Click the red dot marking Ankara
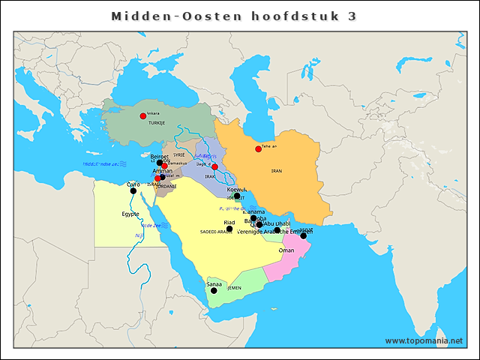[x=142, y=115]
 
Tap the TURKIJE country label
[x=155, y=122]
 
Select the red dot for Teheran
[x=258, y=149]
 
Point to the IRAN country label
[x=276, y=171]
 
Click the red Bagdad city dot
[x=214, y=166]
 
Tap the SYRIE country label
[x=178, y=154]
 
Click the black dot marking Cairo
[x=133, y=190]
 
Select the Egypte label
[x=130, y=214]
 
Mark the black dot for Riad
[x=229, y=229]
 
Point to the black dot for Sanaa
[x=214, y=290]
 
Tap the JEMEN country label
[x=234, y=288]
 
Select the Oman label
[x=286, y=250]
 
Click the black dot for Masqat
[x=304, y=235]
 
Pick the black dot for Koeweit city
[x=237, y=196]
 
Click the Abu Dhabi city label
[x=277, y=223]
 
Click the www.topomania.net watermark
[x=424, y=340]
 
